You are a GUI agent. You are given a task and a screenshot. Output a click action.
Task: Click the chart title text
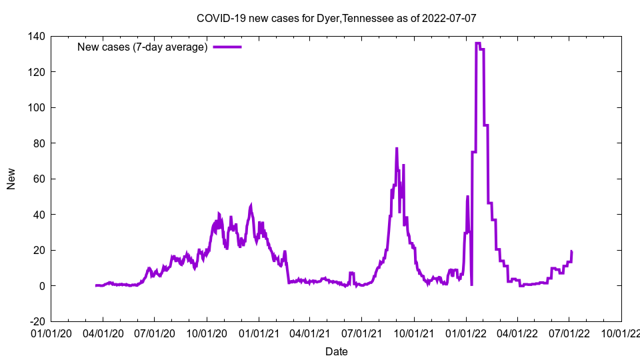(336, 19)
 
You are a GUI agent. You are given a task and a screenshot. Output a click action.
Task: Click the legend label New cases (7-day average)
(143, 47)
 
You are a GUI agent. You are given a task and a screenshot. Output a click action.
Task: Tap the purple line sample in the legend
(227, 47)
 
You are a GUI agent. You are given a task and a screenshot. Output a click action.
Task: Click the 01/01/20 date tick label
(51, 333)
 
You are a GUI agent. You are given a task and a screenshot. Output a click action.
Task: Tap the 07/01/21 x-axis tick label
(361, 333)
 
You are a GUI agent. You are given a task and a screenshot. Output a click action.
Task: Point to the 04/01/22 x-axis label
(517, 333)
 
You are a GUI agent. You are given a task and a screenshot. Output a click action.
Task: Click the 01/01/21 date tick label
(259, 333)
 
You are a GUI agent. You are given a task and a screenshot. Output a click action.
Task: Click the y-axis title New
(11, 179)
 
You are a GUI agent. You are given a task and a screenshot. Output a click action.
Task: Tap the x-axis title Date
(336, 351)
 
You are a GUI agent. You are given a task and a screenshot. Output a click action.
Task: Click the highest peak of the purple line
(477, 43)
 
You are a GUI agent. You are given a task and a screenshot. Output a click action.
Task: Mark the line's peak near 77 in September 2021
(397, 149)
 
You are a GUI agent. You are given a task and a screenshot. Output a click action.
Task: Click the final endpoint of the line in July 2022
(572, 251)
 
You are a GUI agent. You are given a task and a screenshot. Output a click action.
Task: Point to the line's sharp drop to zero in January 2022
(471, 285)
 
